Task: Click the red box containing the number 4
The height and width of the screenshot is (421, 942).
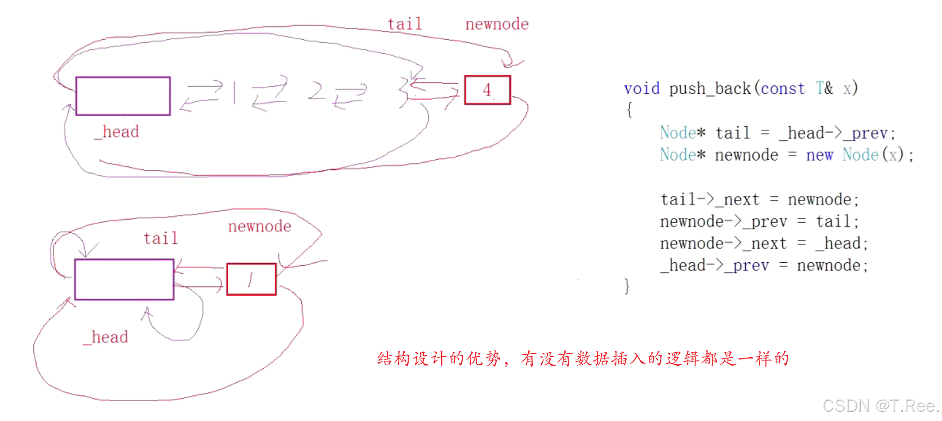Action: [x=487, y=90]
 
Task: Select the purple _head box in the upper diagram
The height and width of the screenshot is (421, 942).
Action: [x=123, y=96]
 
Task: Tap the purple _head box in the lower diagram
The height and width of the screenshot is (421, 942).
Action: [x=124, y=279]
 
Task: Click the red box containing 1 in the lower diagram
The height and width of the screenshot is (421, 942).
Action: [x=251, y=279]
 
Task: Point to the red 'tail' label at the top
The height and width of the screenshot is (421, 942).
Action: [x=405, y=24]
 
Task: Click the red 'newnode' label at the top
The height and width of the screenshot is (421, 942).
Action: [x=497, y=24]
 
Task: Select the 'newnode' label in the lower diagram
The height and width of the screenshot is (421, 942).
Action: [x=260, y=226]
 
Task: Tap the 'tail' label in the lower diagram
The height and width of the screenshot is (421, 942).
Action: [x=161, y=238]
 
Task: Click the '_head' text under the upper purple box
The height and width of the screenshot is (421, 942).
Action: [x=117, y=132]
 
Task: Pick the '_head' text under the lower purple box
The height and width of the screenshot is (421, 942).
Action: [x=105, y=337]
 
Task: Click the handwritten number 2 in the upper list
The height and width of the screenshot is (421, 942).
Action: [x=316, y=90]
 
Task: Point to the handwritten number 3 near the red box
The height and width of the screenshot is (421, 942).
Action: [x=404, y=92]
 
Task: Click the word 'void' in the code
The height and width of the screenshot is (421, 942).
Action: [x=642, y=89]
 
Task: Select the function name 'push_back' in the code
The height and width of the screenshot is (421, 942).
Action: [x=710, y=89]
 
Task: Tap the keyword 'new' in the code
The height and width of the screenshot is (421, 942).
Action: [x=819, y=155]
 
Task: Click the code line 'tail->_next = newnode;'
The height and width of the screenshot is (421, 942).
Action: [x=759, y=199]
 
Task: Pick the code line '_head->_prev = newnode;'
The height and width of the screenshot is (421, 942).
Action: [x=764, y=265]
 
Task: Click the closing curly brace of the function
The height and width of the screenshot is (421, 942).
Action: [x=627, y=286]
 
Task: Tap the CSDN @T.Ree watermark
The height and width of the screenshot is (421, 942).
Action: [x=880, y=406]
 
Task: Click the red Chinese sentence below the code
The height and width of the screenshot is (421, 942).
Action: [x=583, y=359]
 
